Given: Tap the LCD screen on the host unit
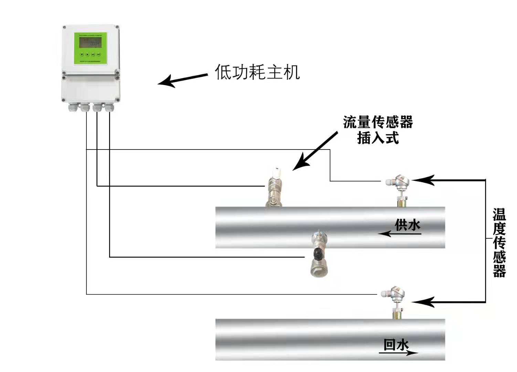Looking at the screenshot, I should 90,43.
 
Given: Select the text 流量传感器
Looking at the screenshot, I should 378,122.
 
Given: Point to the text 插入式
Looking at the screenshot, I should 378,138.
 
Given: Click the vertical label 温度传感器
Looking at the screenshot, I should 499,243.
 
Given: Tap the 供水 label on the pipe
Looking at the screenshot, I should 407,225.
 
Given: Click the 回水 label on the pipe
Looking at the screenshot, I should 396,344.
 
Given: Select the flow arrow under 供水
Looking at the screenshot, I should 399,234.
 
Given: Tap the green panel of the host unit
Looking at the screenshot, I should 91,48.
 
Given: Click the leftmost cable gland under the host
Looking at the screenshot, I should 73,107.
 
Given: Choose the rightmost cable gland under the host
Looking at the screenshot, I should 109,107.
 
